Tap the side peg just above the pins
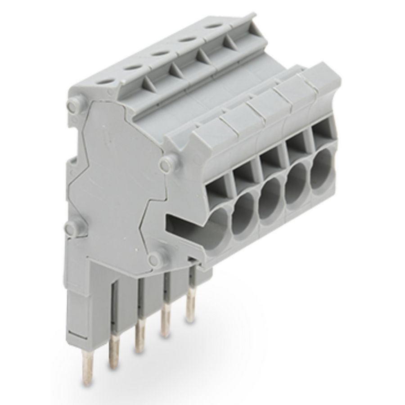tap(155, 259)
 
